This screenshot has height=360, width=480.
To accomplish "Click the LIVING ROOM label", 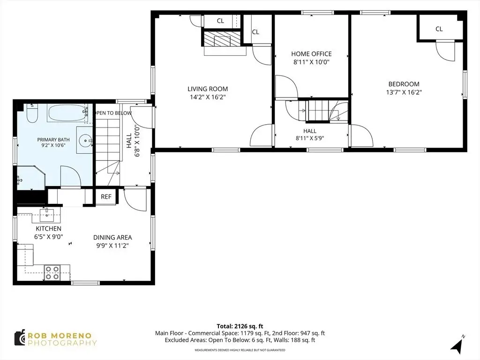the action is click(x=208, y=89).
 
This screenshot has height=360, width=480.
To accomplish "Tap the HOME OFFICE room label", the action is click(x=311, y=54).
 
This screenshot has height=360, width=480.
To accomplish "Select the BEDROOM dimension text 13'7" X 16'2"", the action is click(x=404, y=92).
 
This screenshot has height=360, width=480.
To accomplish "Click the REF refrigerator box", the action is click(x=106, y=196).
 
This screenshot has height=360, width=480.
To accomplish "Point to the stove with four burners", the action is click(x=52, y=272).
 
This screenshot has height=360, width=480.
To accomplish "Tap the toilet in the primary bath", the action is click(x=32, y=113).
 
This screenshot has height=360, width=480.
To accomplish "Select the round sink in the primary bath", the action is click(x=85, y=141).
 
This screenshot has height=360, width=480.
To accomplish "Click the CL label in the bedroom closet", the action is click(x=439, y=29).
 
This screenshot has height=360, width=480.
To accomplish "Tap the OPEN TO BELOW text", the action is click(x=112, y=113).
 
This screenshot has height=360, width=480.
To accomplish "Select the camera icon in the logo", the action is click(x=20, y=338).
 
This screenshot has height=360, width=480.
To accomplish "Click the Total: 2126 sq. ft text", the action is click(x=240, y=326).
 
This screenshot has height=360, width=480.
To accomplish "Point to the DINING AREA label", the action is click(x=112, y=237).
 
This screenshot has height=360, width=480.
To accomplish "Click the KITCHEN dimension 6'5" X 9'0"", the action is click(x=49, y=237).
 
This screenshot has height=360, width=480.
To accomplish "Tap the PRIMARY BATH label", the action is click(x=53, y=140).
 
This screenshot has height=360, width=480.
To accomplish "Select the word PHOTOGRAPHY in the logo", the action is click(x=62, y=343).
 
